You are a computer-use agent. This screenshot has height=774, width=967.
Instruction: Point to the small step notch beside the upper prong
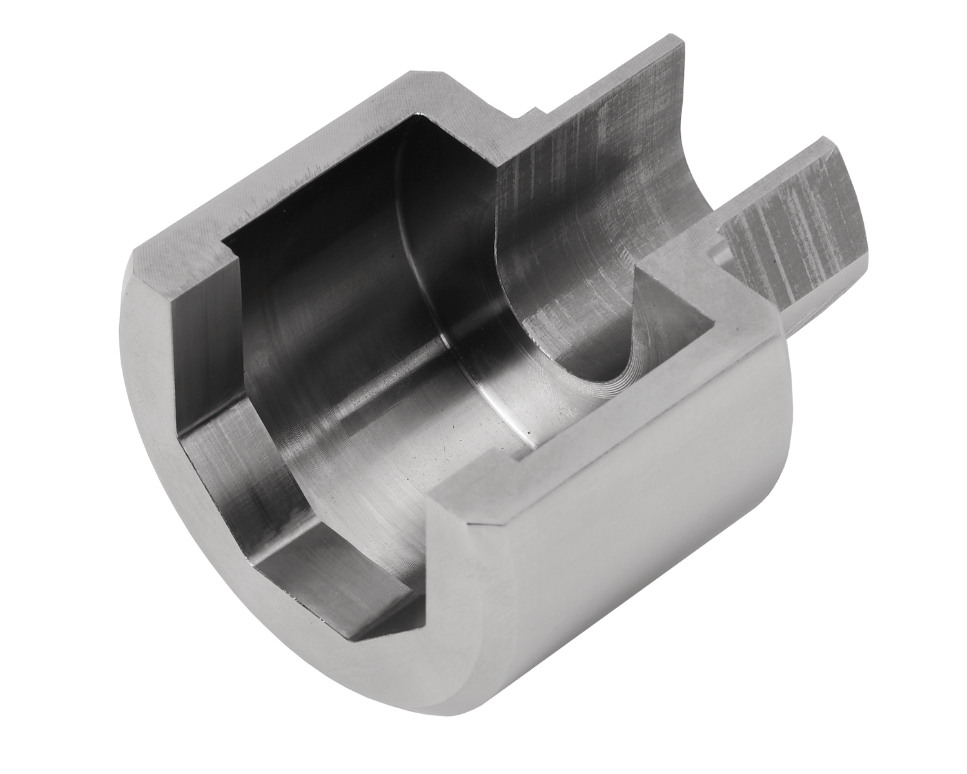pos(530,114)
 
